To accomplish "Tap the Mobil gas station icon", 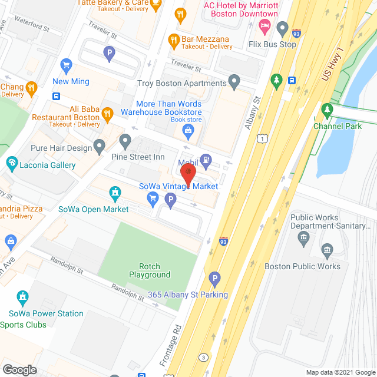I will (206, 158).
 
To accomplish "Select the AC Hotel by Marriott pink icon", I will (264, 25).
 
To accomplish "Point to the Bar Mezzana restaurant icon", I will (173, 40).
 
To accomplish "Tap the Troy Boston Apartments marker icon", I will (234, 80).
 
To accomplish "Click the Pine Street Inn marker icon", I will (125, 141).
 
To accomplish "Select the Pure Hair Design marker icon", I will (99, 145).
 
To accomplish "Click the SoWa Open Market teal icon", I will (115, 193).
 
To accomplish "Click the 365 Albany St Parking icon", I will (215, 278).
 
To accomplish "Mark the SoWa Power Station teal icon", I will (22, 296).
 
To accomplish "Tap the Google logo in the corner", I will (19, 369).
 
